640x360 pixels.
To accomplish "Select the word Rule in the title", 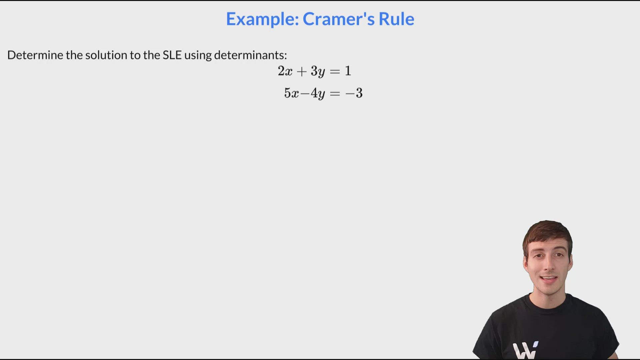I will coord(396,19).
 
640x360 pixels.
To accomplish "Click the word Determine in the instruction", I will coord(35,55).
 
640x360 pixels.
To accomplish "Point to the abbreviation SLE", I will coord(172,55).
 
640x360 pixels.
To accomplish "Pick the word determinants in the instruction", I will coord(250,55).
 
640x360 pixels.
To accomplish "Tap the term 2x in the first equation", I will coord(285,71).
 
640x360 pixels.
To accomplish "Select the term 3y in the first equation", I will coord(317,71).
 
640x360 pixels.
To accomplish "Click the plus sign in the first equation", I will coord(301,71).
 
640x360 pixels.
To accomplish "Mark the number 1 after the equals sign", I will coord(348,71).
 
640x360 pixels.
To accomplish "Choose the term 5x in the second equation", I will coord(291,93).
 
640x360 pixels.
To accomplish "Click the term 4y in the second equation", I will coord(317,93).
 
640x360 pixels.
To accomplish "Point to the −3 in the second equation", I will coord(354,93).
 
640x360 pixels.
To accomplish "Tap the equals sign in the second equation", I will coord(335,93).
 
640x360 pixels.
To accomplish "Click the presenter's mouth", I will coord(548,279).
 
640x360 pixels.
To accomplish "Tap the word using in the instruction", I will coord(198,55).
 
